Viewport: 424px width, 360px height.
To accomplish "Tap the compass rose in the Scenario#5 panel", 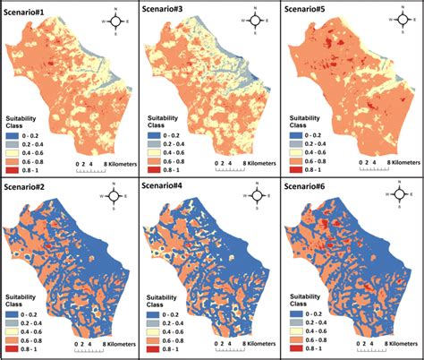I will pos(397,19).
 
